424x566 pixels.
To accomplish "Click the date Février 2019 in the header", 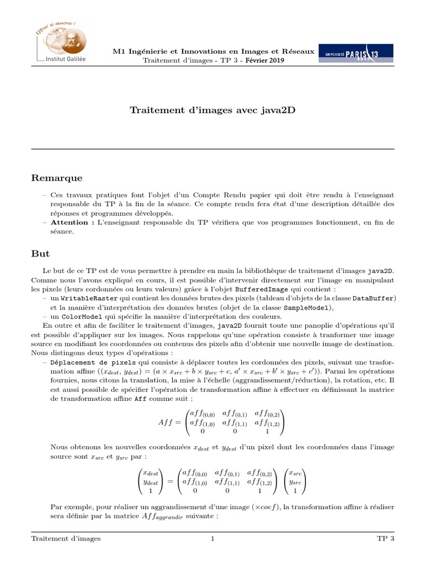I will point(264,60).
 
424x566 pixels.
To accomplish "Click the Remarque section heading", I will point(56,178).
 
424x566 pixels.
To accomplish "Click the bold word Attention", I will point(70,223).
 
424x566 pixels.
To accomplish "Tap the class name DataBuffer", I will point(374,298).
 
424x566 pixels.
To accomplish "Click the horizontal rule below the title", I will point(213,149).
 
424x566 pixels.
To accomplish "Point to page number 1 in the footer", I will point(212,539).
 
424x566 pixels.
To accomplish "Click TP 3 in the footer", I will point(385,539).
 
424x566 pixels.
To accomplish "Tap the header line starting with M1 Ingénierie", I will point(213,51).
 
